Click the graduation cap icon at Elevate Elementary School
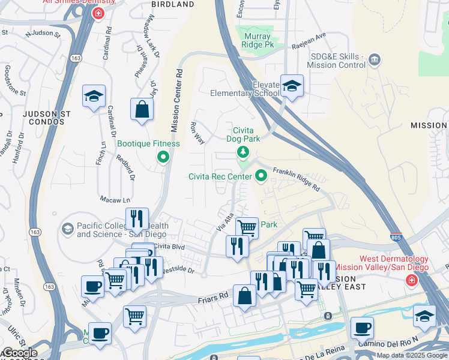(x=292, y=87)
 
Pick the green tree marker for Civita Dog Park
(x=243, y=151)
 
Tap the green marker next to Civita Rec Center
(x=261, y=176)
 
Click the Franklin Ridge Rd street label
(x=297, y=178)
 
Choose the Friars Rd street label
(x=214, y=296)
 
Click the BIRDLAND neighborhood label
(x=173, y=4)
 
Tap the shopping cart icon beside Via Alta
(x=247, y=227)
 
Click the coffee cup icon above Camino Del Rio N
(x=362, y=328)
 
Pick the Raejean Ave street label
(x=308, y=35)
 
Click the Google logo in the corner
(x=19, y=353)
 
